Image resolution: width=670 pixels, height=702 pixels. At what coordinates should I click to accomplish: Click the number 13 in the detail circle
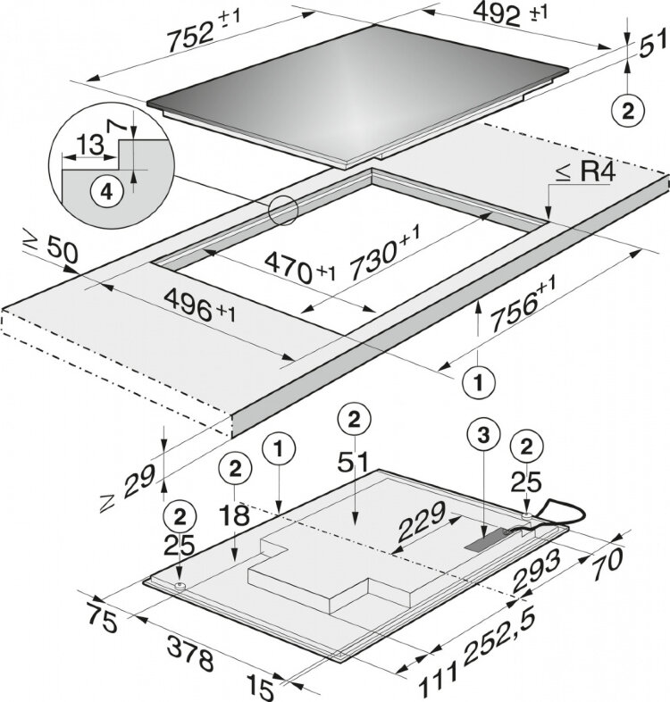(x=87, y=143)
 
